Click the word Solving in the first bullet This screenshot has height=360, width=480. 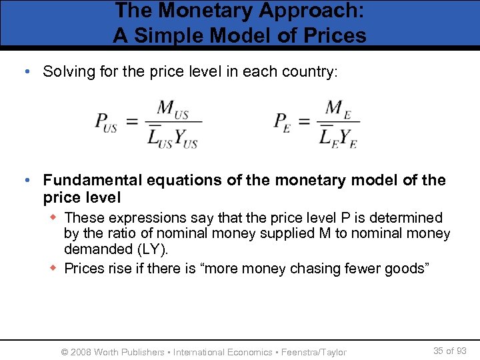66,72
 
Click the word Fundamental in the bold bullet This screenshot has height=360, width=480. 92,180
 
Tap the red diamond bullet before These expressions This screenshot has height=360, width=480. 56,218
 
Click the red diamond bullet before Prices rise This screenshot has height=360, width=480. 56,269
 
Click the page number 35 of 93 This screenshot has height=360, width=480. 450,351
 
